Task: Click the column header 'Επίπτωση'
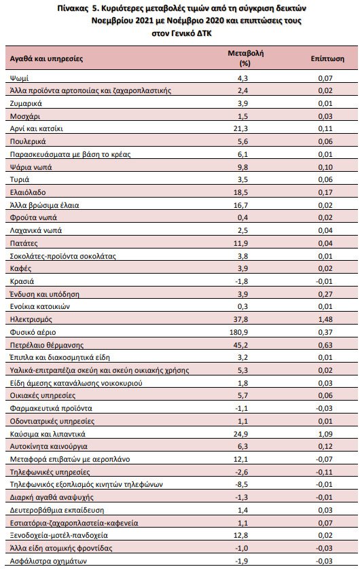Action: click(327, 58)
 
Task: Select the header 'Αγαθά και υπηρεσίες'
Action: click(46, 58)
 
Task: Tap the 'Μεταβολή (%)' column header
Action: click(245, 58)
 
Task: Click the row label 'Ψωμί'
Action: click(19, 78)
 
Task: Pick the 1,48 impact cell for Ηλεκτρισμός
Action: click(325, 319)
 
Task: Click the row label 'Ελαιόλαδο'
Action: click(28, 192)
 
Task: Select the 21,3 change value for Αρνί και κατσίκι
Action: click(240, 128)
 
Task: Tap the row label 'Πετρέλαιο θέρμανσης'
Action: click(47, 345)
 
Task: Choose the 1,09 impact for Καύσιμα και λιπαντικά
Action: click(325, 434)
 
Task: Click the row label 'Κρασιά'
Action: click(22, 281)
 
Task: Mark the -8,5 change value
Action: click(242, 484)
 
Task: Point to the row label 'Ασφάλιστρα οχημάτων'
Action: click(48, 561)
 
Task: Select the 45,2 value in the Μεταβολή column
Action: click(240, 345)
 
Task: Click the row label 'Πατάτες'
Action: click(24, 243)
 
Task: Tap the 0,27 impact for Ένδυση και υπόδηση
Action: click(325, 294)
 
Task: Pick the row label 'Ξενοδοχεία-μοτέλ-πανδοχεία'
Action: click(59, 535)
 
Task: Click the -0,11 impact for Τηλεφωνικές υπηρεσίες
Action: click(324, 472)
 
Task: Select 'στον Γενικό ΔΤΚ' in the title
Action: click(181, 33)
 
